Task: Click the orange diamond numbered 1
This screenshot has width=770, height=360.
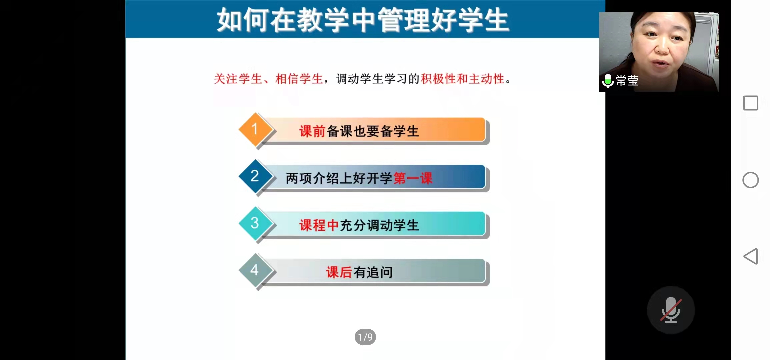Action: point(255,129)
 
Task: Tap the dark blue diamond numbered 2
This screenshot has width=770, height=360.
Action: point(255,176)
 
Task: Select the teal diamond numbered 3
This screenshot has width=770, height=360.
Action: point(255,223)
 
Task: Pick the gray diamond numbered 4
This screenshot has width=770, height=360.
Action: point(255,270)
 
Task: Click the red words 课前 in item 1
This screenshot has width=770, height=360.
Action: point(312,131)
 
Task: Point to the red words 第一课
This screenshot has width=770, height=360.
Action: point(413,178)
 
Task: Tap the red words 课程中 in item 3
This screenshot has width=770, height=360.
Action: point(319,225)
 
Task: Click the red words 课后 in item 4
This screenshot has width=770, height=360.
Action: point(339,272)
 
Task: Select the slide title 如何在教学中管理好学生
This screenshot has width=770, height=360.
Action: point(363,20)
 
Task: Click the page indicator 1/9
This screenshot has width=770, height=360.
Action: point(365,337)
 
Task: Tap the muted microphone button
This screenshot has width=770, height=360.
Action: point(671,310)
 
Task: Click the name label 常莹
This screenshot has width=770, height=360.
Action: point(627,81)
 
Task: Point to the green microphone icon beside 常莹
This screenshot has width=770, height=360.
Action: point(608,81)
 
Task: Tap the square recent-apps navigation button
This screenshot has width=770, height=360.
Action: point(751,103)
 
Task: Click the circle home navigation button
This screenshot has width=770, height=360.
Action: point(751,180)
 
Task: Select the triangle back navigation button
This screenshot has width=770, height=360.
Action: point(751,256)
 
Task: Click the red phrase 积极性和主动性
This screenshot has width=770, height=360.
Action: point(463,79)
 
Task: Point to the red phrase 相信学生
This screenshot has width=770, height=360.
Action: point(299,79)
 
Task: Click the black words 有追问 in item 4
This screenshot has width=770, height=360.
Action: point(373,272)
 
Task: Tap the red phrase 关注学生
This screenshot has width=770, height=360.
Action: point(238,79)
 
